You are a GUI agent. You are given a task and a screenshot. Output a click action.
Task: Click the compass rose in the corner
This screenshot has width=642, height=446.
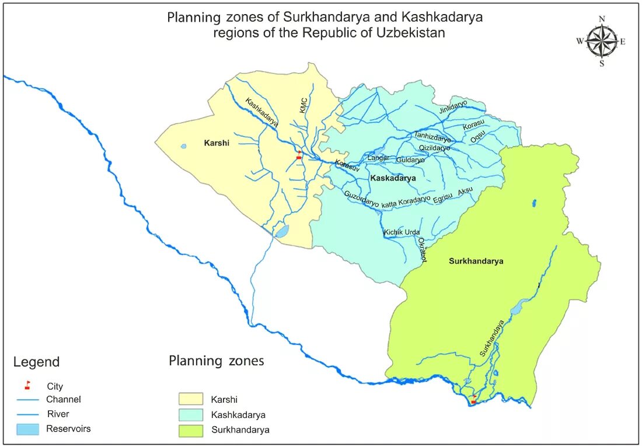(602, 41)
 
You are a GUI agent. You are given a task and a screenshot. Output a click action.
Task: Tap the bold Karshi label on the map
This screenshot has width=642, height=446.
(216, 143)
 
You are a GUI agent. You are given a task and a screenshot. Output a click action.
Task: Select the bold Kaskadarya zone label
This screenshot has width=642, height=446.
(393, 178)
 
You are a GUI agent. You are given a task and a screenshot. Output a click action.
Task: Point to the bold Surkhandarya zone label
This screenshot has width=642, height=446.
(476, 261)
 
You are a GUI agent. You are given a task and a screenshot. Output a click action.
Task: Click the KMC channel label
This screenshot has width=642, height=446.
(303, 105)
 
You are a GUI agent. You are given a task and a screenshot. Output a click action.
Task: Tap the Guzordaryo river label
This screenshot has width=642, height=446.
(361, 199)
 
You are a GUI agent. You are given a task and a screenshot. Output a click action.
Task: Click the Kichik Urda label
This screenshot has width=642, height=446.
(402, 233)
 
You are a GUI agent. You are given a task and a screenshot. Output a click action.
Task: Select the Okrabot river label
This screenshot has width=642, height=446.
(423, 250)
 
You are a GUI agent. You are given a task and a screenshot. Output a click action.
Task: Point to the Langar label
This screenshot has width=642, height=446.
(378, 158)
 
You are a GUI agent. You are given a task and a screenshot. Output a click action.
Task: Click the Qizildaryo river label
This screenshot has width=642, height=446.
(435, 148)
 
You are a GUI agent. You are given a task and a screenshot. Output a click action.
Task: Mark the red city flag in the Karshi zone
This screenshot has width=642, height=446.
(299, 155)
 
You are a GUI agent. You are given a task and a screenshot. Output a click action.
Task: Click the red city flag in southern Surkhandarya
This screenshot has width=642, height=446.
(473, 400)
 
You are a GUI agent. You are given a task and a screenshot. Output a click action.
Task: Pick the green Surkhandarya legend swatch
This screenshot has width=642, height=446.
(191, 430)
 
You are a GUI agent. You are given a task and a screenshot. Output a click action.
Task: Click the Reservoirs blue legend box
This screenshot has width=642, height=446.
(29, 429)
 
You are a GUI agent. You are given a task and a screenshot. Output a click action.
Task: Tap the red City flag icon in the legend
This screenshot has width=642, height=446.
(27, 385)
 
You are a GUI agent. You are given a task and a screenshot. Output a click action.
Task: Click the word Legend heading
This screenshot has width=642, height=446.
(36, 362)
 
